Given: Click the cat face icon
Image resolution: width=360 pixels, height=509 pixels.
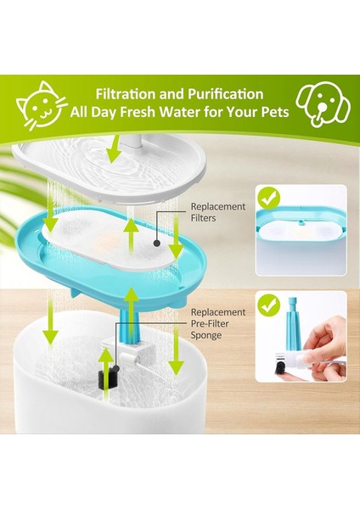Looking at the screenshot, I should click(x=43, y=105).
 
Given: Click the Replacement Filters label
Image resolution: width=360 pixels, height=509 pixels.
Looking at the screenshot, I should click(x=218, y=212).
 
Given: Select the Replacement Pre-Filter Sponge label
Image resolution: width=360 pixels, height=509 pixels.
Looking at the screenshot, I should click(x=218, y=323).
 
